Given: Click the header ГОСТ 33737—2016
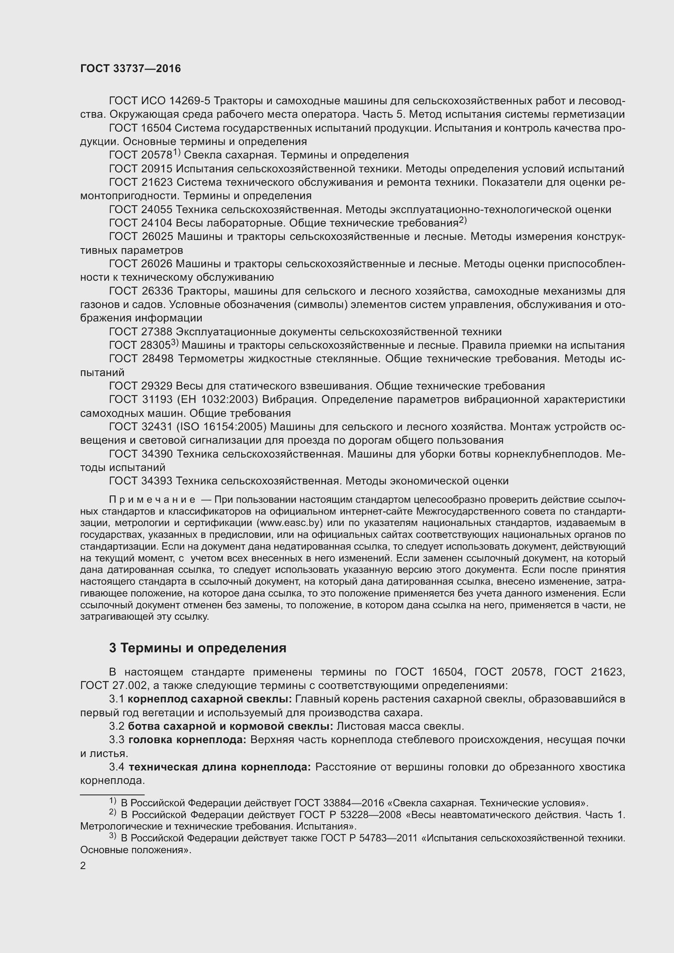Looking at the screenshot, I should (x=130, y=69).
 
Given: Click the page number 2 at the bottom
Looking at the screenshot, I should (x=83, y=866).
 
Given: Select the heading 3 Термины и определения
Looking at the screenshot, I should (x=198, y=648).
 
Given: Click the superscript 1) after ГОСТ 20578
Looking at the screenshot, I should (x=176, y=153).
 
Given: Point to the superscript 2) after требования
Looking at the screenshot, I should (x=463, y=221).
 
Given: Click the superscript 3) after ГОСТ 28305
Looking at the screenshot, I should (x=175, y=343).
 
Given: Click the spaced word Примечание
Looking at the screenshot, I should (x=152, y=499).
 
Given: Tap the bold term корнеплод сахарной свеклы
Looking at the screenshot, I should (x=209, y=699).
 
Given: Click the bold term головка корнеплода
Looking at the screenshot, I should (x=187, y=740).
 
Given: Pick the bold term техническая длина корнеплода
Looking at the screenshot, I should (x=220, y=767).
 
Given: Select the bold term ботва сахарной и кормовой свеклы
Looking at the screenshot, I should (x=230, y=726).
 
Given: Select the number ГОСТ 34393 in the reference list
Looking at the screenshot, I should (x=141, y=481).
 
